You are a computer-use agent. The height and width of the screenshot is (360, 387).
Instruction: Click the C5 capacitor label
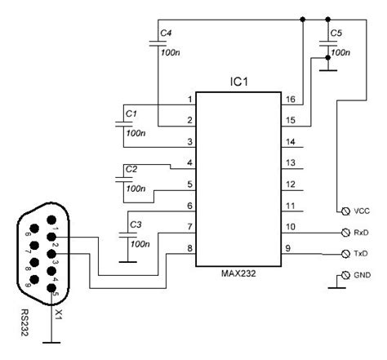pos(336,32)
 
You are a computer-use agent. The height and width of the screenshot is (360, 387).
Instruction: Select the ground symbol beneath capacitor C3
pos(127,262)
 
